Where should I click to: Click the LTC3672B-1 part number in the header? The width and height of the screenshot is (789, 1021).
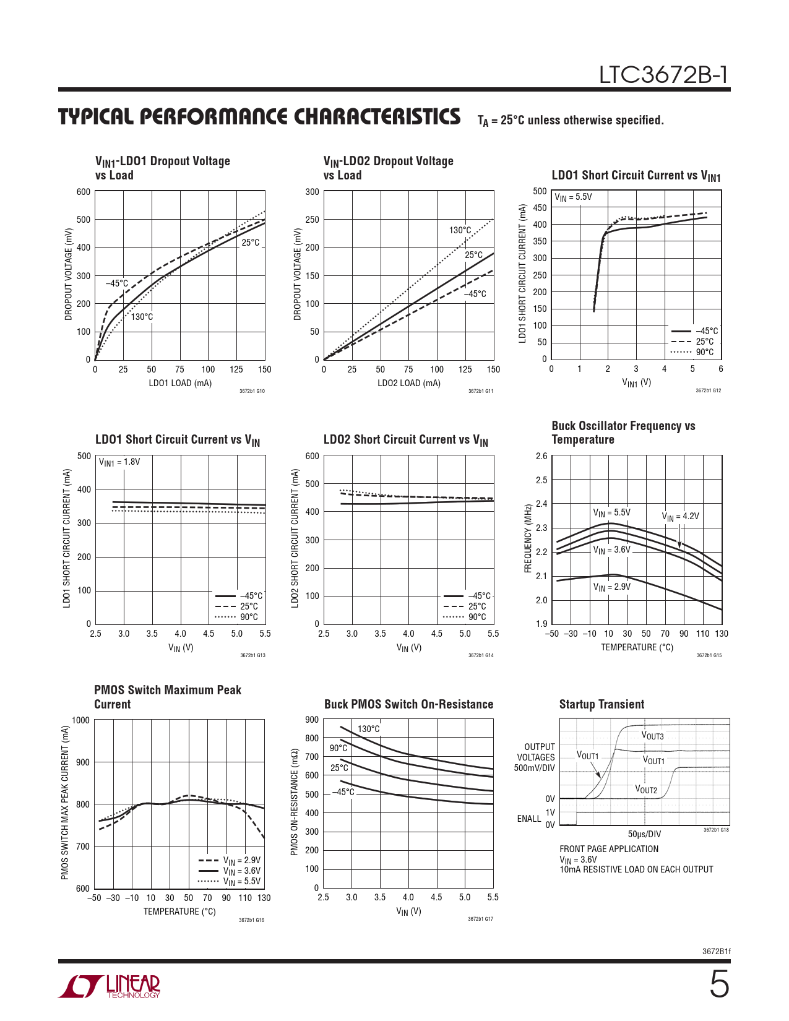click(x=663, y=75)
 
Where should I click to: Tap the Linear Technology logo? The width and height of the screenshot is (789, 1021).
click(x=110, y=986)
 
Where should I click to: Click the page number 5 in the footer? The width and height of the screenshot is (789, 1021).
click(x=718, y=984)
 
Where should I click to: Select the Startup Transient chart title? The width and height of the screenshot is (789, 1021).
click(x=601, y=704)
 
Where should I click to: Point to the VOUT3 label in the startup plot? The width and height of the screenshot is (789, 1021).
click(x=652, y=736)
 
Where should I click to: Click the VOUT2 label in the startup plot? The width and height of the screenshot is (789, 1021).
click(x=646, y=790)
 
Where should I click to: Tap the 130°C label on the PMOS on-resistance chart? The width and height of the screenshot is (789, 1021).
click(x=369, y=729)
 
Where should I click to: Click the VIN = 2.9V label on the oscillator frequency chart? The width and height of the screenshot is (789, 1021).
click(x=611, y=587)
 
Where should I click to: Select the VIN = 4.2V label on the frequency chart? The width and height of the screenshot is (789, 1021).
click(x=680, y=517)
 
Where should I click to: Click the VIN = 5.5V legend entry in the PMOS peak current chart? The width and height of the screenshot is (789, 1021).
click(x=241, y=881)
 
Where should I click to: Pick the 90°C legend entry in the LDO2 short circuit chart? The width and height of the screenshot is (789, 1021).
click(x=476, y=617)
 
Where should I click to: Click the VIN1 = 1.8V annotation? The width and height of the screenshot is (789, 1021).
click(x=119, y=462)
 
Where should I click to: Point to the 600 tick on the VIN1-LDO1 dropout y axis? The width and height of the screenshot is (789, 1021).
click(x=84, y=192)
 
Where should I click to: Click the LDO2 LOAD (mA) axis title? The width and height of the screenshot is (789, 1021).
click(x=409, y=383)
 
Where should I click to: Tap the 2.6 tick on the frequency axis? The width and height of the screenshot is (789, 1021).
click(x=541, y=456)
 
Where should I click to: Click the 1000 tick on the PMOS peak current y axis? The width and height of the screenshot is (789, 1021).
click(x=80, y=720)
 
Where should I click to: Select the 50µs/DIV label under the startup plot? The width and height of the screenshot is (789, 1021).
click(x=644, y=834)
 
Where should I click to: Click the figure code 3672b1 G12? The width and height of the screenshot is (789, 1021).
click(x=708, y=390)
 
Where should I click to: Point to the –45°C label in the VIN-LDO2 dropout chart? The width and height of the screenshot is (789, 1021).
click(x=475, y=294)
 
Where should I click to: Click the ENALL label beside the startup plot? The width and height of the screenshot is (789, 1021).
click(x=528, y=819)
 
